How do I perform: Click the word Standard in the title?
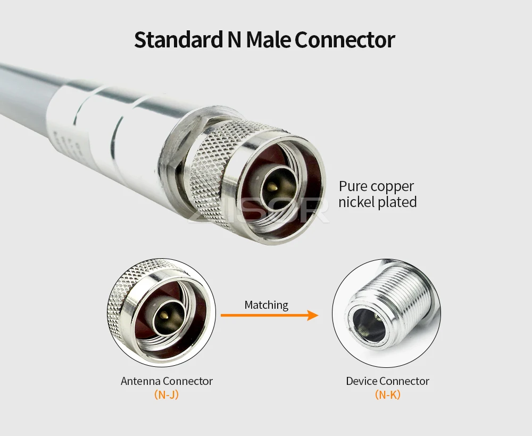point(178,40)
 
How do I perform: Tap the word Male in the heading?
point(268,40)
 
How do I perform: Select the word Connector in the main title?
point(345,40)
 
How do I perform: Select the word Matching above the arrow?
point(267,305)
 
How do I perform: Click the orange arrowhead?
point(312,315)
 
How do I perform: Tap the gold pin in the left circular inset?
point(164,315)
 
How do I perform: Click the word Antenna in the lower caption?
point(140,381)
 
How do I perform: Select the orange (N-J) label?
point(166,394)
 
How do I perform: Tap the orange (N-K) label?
point(387,394)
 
